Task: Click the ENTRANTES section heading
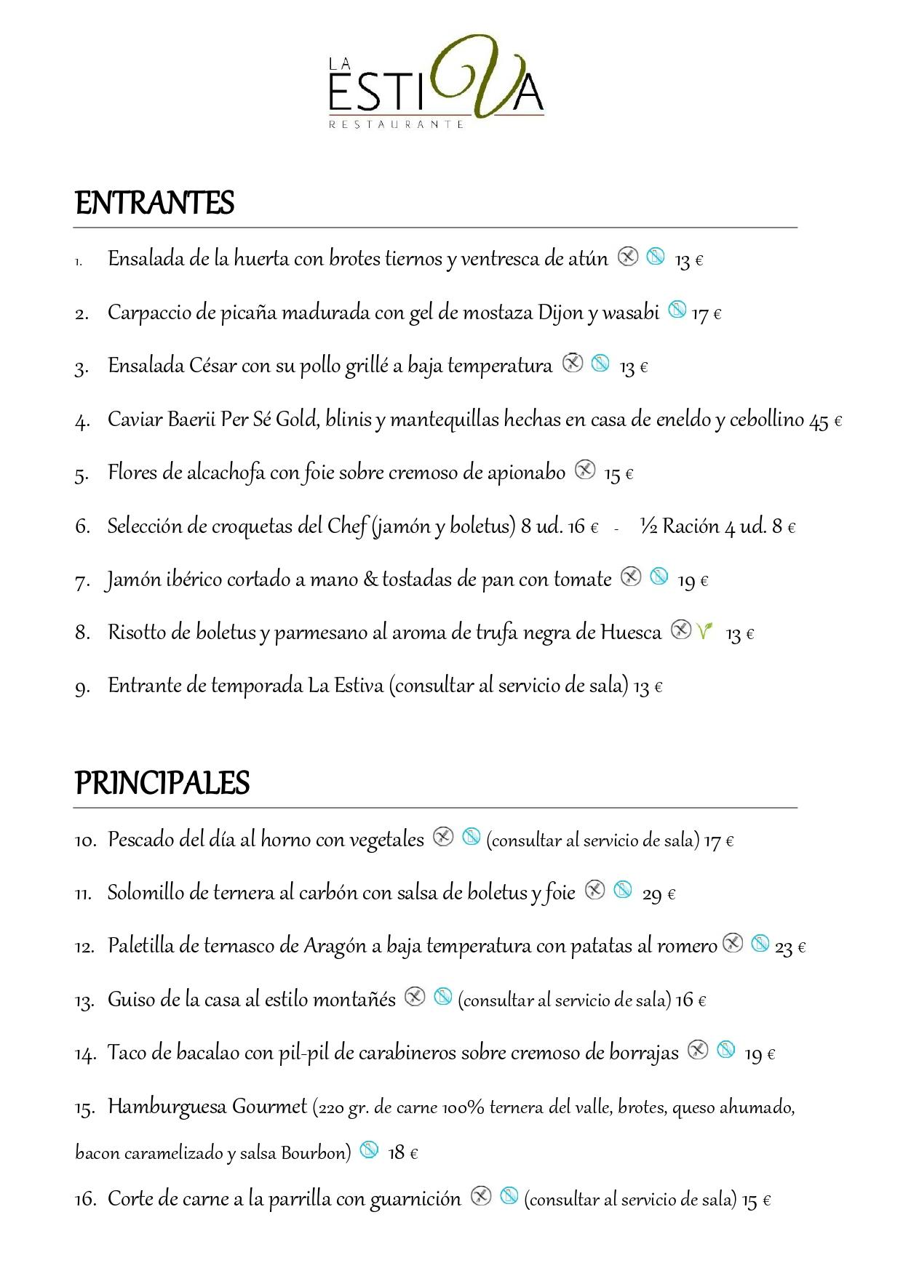(x=155, y=203)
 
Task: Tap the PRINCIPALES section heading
(x=162, y=783)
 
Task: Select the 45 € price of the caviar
(x=825, y=420)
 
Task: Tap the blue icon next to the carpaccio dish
(x=677, y=310)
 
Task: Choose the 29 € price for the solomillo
(x=659, y=894)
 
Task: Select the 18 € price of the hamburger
(x=402, y=1153)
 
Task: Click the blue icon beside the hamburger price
(x=369, y=1150)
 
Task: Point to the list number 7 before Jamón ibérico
(x=81, y=581)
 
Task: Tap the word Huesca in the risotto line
(x=631, y=633)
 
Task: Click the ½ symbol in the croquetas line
(x=649, y=526)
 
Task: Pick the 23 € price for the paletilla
(x=790, y=947)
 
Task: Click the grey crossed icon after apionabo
(x=585, y=470)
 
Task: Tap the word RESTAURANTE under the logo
(x=397, y=124)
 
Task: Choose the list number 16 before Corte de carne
(x=85, y=1199)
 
